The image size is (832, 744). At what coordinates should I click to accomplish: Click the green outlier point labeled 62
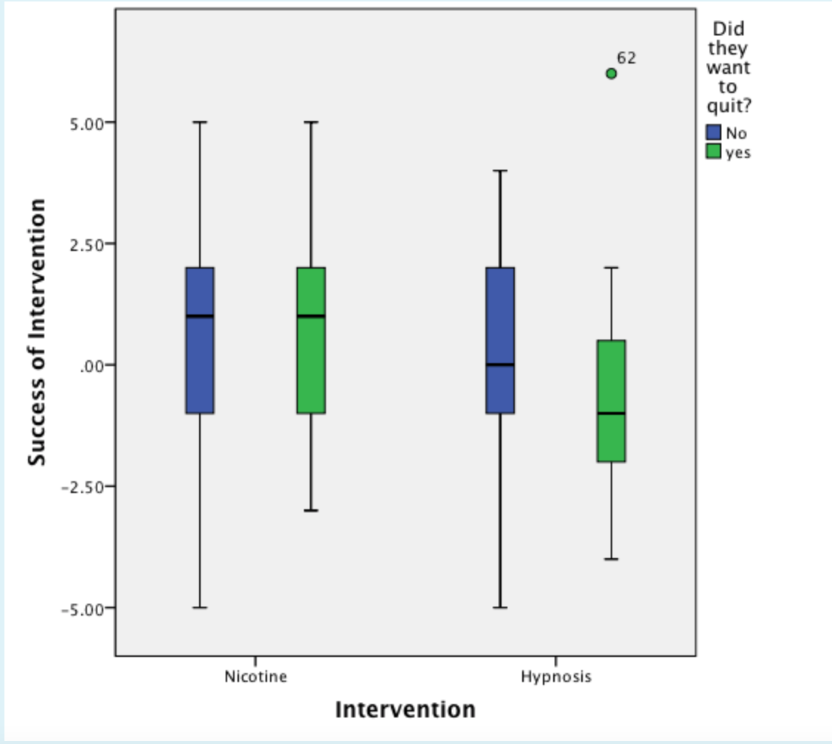611,73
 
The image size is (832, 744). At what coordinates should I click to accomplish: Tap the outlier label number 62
626,57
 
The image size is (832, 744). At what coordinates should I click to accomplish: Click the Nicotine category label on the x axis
256,677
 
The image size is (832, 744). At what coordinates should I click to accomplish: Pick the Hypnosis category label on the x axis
556,677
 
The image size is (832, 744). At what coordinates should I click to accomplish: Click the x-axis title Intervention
405,710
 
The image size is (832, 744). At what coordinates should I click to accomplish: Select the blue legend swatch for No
714,133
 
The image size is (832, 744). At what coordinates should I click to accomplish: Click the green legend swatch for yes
714,151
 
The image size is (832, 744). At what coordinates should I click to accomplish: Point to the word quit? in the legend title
728,106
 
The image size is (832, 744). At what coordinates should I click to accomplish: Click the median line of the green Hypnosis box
611,413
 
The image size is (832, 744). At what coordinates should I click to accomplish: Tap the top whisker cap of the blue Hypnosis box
500,170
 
